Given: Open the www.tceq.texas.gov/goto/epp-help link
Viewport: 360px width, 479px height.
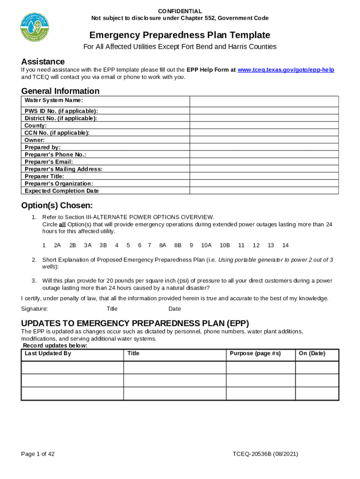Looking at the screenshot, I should point(286,70).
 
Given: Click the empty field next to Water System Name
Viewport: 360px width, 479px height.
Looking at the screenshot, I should point(264,101).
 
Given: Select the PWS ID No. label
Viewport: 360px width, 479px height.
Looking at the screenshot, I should point(61,111).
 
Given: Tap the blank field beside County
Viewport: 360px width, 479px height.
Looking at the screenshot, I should point(264,125).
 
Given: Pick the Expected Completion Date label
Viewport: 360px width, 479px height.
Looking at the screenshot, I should point(62,191).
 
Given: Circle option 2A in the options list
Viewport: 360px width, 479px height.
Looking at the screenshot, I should point(58,245).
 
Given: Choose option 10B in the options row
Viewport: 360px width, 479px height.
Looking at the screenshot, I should point(224,245).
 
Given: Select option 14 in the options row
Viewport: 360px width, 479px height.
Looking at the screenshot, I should point(286,245).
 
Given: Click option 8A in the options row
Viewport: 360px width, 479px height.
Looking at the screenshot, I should point(163,245).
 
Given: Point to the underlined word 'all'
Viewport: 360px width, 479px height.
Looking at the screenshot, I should point(62,225).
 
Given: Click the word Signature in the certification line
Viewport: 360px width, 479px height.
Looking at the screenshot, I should point(35,309).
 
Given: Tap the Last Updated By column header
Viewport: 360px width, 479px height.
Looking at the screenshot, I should point(48,354).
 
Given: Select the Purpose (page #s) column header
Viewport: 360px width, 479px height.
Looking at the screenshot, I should point(255,354).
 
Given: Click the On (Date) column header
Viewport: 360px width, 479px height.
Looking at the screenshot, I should point(312,354).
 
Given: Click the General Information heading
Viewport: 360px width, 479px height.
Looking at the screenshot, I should point(60,91).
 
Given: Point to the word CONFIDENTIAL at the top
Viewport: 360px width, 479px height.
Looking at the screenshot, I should point(180,11).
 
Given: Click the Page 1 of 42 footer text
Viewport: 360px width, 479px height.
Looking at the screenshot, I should point(38,454).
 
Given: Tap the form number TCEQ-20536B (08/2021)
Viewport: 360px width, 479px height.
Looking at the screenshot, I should point(265,454).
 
